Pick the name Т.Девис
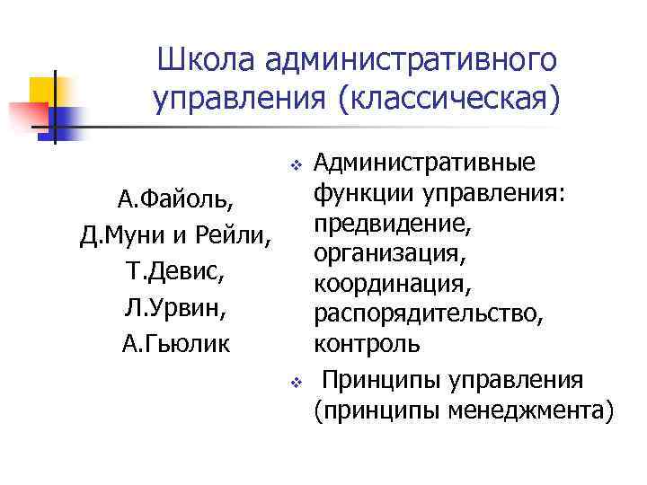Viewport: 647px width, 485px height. coord(171,271)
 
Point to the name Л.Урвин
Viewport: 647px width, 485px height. coord(171,308)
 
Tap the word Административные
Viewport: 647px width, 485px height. coord(427,163)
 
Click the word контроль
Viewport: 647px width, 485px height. coord(365,345)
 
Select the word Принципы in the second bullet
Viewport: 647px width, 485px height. coord(375,380)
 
